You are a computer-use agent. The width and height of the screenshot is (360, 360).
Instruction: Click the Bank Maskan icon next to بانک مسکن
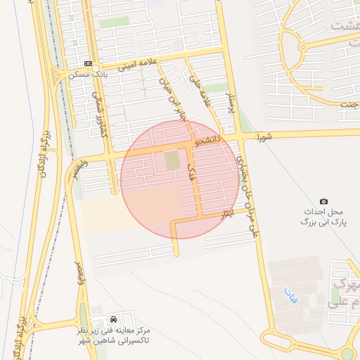coord(89,63)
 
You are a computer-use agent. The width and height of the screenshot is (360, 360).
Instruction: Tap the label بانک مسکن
coord(89,74)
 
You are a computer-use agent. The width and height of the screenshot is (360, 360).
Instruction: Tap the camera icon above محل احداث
coord(323,202)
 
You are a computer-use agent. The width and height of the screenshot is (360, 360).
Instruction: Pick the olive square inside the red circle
coord(172,161)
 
